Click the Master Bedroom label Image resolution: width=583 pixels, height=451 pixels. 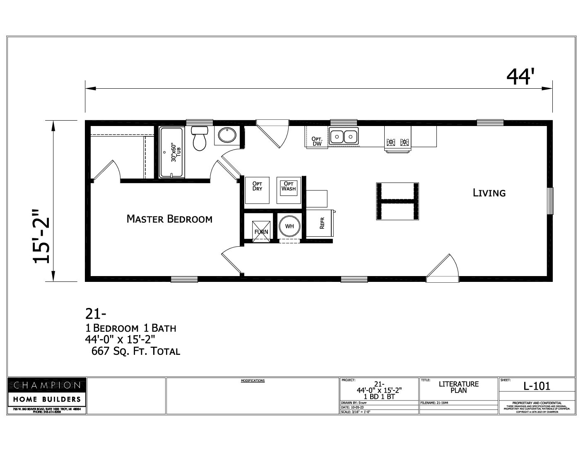pyautogui.click(x=169, y=219)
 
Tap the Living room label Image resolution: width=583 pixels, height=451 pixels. pyautogui.click(x=489, y=193)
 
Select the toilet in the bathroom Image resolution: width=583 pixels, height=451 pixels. pyautogui.click(x=200, y=139)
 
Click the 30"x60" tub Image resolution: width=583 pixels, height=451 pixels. pyautogui.click(x=171, y=152)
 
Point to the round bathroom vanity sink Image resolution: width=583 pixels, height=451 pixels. pyautogui.click(x=226, y=136)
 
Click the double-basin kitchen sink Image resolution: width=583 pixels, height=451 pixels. pyautogui.click(x=344, y=136)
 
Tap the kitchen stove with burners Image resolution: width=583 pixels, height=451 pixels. pyautogui.click(x=397, y=142)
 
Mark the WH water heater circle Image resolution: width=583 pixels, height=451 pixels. pyautogui.click(x=289, y=226)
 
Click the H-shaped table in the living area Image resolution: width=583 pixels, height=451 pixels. pyautogui.click(x=397, y=201)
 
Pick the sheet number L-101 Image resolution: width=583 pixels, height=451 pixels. pyautogui.click(x=537, y=386)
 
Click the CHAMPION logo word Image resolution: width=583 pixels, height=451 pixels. pyautogui.click(x=47, y=385)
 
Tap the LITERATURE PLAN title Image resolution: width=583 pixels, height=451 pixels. pyautogui.click(x=458, y=387)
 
